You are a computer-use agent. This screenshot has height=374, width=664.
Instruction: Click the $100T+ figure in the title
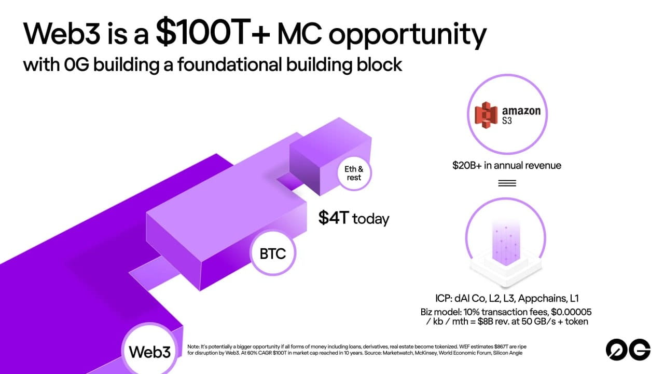[x=213, y=32]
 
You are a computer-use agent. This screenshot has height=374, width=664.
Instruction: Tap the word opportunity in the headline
[x=407, y=35]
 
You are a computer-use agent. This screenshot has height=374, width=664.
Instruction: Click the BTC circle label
[x=273, y=253]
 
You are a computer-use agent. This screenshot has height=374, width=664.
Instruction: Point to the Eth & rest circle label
[x=354, y=173]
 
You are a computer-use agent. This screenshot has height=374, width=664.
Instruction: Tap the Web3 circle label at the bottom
[x=150, y=352]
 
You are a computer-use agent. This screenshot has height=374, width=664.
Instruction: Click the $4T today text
[x=354, y=218]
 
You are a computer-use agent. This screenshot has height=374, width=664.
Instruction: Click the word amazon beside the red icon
[x=521, y=111]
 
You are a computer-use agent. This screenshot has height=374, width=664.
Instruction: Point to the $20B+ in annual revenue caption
[x=507, y=165]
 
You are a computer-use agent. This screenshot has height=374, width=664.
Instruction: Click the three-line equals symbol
[x=507, y=183]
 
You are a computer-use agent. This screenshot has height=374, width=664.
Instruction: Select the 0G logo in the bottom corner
[x=628, y=350]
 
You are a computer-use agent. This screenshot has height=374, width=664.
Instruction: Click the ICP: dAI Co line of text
[x=507, y=298]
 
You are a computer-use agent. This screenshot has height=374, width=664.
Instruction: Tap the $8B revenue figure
[x=485, y=322]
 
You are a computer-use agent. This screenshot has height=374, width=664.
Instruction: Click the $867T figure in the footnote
[x=501, y=346]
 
